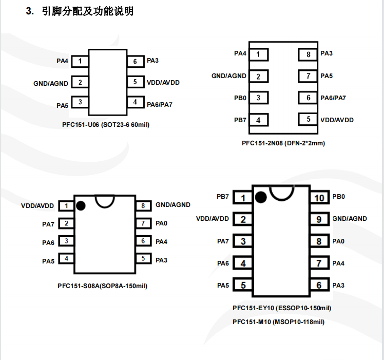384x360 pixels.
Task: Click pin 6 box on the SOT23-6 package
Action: [135, 62]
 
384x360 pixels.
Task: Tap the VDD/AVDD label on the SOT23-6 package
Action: [163, 82]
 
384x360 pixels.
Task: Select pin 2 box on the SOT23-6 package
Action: [80, 82]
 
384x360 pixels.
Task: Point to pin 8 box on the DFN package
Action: [308, 54]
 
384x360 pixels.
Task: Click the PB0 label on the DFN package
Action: [240, 98]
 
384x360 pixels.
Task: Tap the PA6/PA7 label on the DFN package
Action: [333, 98]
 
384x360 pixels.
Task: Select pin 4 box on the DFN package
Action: [259, 120]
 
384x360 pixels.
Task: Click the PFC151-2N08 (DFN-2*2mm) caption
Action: [283, 143]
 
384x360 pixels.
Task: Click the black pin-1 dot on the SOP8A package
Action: [81, 205]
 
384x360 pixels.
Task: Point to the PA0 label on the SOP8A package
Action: [161, 223]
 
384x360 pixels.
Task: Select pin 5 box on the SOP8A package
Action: [143, 259]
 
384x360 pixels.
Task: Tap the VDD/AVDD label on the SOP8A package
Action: [37, 205]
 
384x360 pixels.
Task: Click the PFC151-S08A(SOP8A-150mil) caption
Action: [103, 286]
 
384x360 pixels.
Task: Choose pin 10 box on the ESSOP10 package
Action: [319, 198]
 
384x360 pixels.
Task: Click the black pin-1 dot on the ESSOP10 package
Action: [260, 197]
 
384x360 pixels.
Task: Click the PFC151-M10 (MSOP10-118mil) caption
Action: [278, 322]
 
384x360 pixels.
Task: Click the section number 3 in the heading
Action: [29, 11]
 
